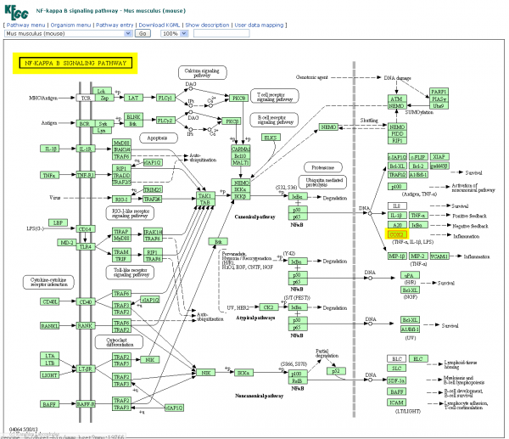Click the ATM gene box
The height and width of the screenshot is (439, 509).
coord(395,99)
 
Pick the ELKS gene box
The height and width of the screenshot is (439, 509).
coord(271,137)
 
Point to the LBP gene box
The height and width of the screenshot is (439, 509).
coord(57,222)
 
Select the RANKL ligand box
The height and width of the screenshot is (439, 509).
coord(50,324)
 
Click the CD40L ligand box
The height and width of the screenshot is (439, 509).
coord(50,301)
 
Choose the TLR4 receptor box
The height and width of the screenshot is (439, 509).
coord(86,246)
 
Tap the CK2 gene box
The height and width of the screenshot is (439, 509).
coord(268,307)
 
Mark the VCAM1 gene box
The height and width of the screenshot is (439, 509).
coord(439,255)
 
